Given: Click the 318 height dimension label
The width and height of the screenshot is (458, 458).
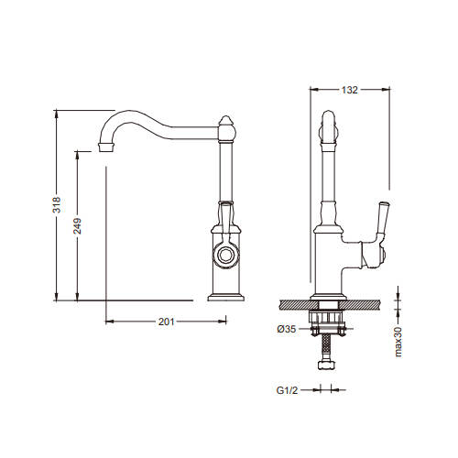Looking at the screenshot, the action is pos(57,205).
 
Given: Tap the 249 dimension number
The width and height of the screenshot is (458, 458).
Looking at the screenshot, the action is pos(77,225).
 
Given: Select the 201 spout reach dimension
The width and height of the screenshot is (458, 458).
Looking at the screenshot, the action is pos(166,322).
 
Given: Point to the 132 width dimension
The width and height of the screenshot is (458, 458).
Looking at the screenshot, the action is pos(349,90).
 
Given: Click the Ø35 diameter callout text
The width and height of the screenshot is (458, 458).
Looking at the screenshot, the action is pos(287,329).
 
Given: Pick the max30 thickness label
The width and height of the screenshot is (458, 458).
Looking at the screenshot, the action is pos(398,342).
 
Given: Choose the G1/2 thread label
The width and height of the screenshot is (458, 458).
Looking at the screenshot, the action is pos(287,390).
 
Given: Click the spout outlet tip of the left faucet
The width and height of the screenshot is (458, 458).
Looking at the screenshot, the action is pos(106,147).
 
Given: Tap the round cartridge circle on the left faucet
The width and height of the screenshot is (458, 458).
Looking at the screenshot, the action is pos(226,255).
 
